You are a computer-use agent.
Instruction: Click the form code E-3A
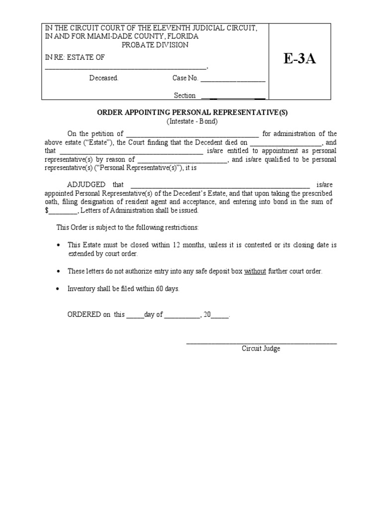(300, 59)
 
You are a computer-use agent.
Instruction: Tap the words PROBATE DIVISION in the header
(155, 45)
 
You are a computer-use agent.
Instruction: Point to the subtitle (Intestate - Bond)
(192, 122)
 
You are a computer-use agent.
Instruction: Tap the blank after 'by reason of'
(182, 160)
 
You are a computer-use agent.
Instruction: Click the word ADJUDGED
(86, 184)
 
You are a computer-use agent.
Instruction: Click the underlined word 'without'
(255, 271)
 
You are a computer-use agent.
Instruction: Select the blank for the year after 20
(220, 316)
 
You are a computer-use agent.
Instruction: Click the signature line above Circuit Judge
(261, 343)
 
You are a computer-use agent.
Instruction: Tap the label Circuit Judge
(261, 349)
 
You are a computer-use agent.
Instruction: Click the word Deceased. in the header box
(103, 78)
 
